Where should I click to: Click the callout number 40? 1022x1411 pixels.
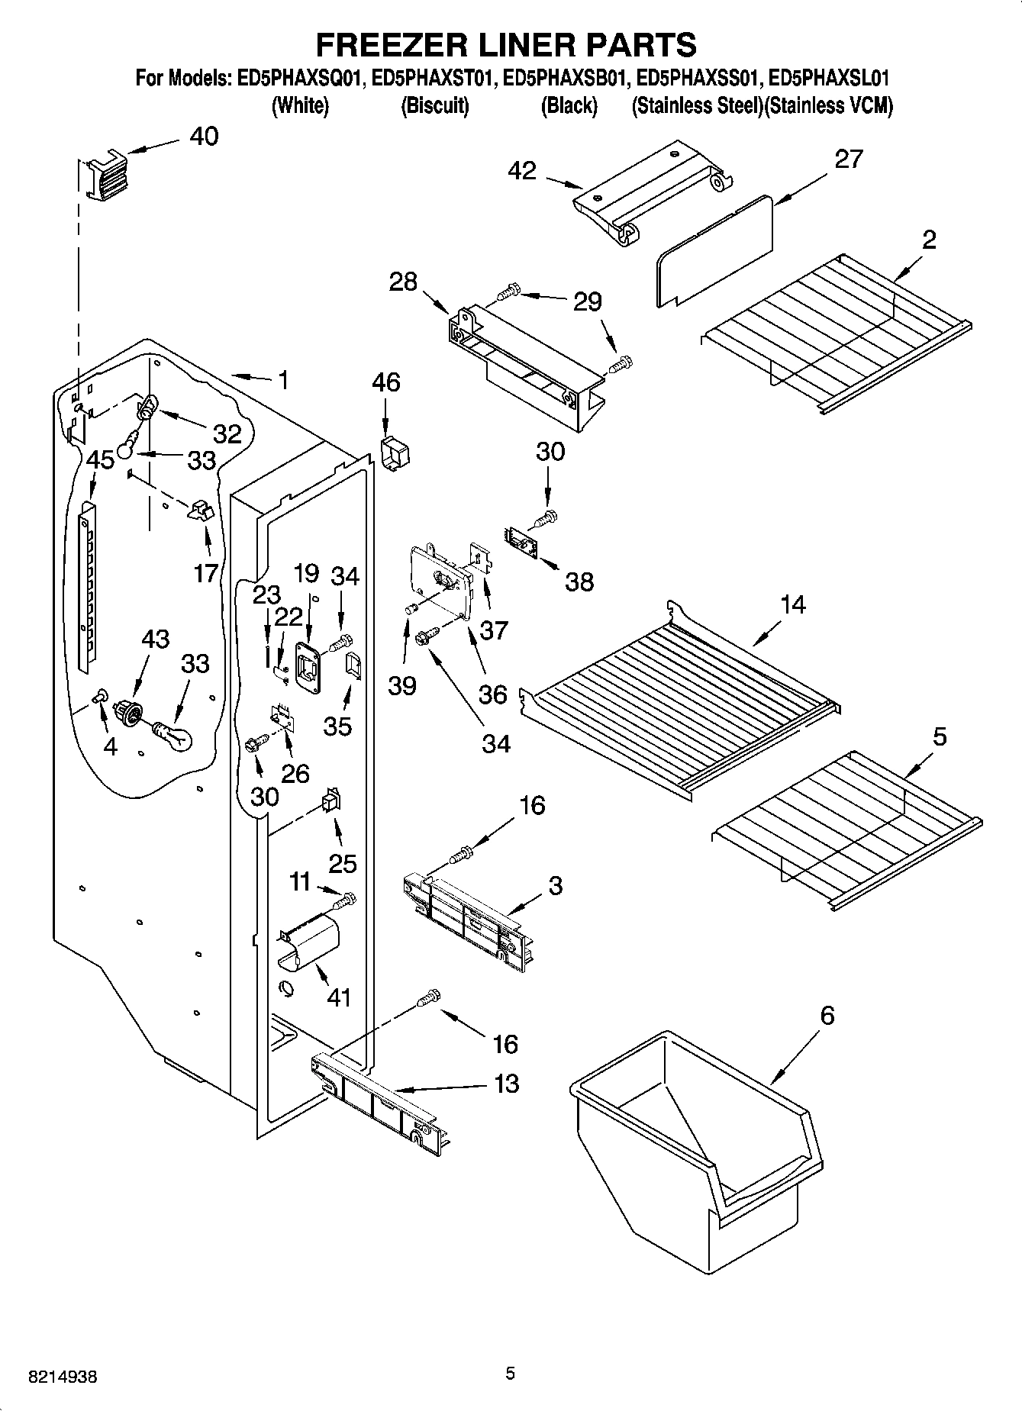point(203,137)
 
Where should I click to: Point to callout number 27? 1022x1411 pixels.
point(848,159)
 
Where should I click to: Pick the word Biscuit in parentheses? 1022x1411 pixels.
point(434,106)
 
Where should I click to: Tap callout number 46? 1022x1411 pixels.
point(386,382)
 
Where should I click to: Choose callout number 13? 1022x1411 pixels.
point(507,1083)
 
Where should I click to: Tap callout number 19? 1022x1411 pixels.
point(307,574)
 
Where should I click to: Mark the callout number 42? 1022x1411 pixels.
point(522,171)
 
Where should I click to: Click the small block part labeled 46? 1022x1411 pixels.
point(395,455)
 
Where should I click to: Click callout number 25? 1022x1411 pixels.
point(343,863)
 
